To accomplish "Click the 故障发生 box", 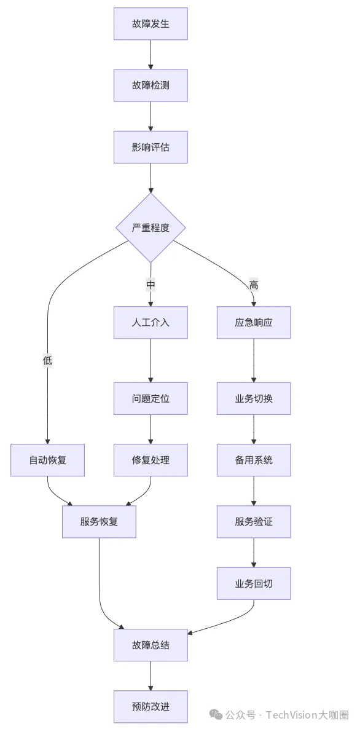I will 151,24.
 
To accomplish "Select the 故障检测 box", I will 151,85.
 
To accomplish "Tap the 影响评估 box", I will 151,147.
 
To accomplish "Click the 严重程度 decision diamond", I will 151,227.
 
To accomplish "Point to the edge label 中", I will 151,285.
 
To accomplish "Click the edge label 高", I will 253,285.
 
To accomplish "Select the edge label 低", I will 47,360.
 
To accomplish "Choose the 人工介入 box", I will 151,322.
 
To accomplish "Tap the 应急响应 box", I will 253,322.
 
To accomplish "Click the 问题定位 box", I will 151,398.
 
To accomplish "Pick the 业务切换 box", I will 253,398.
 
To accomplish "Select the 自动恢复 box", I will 47,460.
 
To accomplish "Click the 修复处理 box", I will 151,460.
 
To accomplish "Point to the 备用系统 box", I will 253,460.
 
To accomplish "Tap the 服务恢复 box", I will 99,522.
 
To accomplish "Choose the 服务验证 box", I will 253,522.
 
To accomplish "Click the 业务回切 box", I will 253,583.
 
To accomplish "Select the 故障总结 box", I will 151,645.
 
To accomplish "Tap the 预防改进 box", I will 151,706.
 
